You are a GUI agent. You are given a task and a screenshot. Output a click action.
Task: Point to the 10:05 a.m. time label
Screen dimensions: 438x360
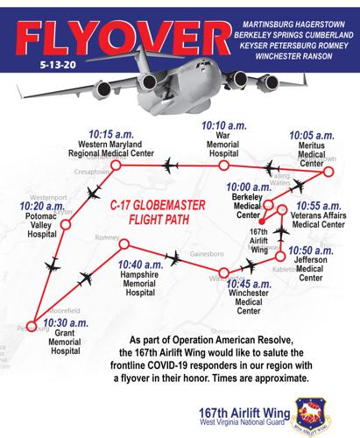[312, 137]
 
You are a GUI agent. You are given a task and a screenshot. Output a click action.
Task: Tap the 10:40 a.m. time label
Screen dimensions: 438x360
[146, 264]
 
